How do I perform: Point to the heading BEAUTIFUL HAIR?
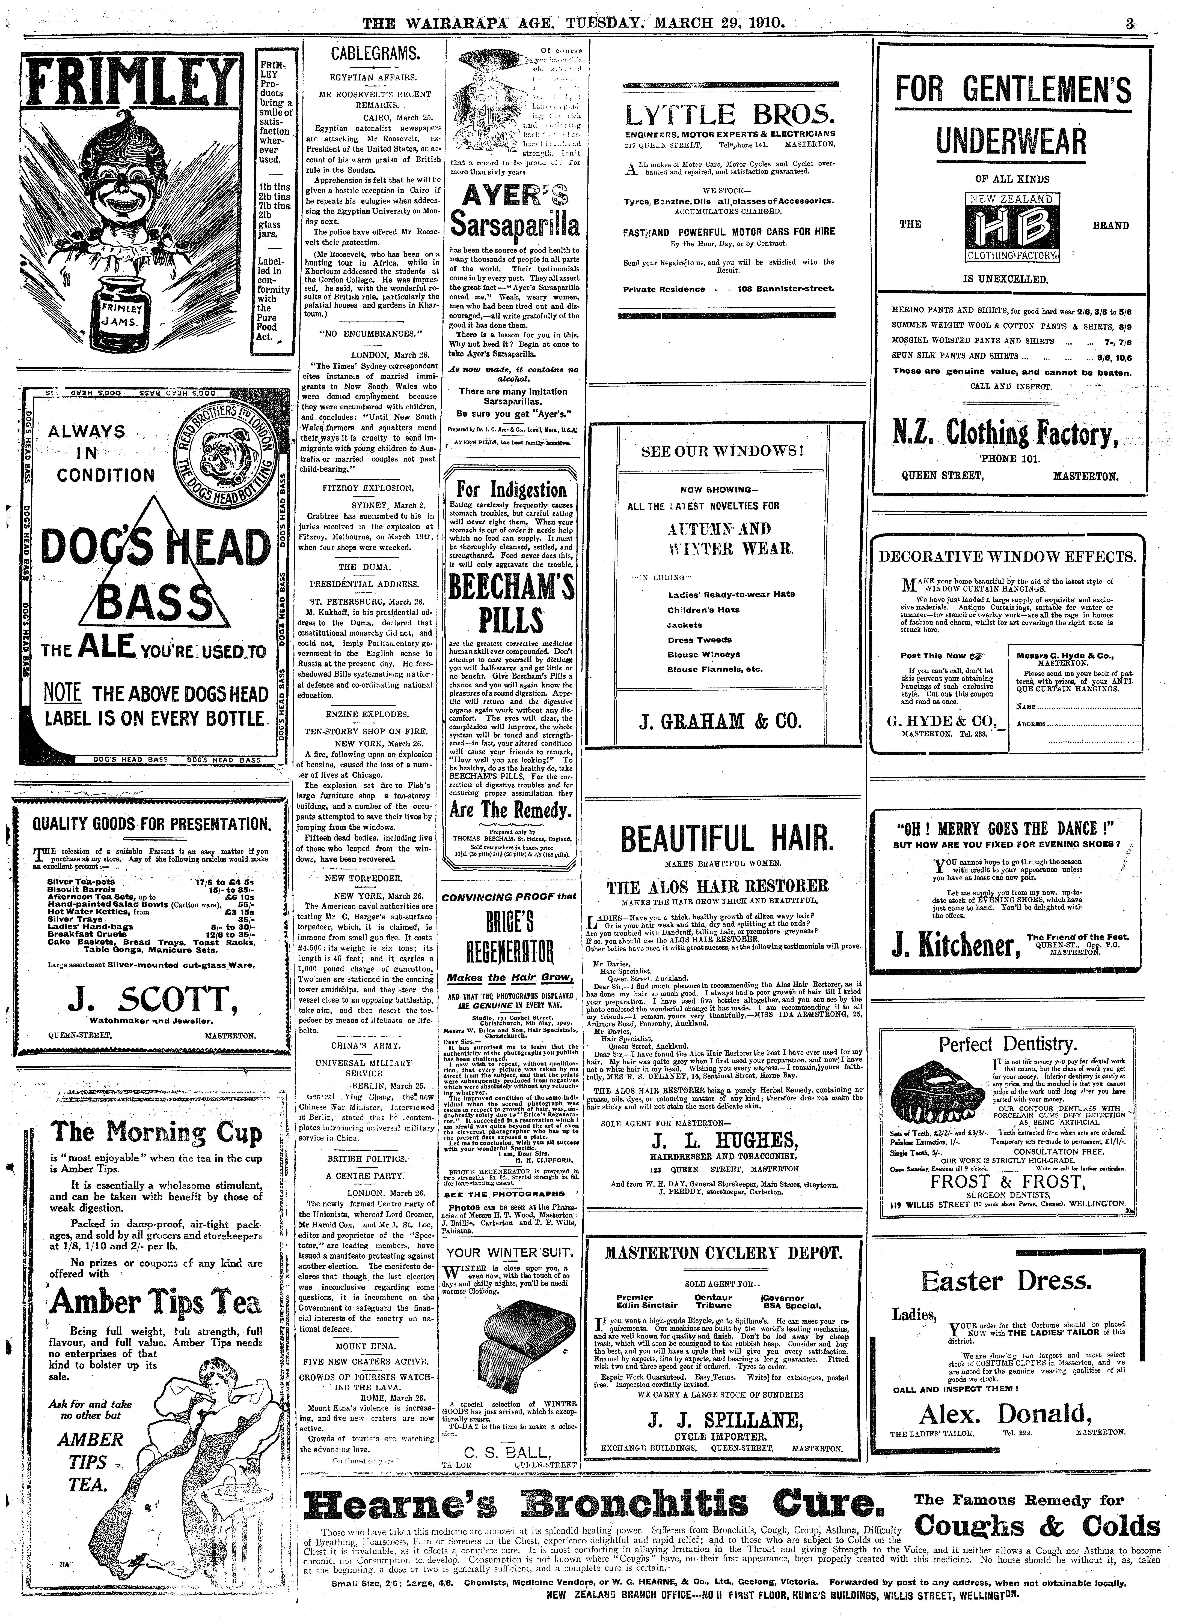727,839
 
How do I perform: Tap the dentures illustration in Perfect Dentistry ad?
942,1091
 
